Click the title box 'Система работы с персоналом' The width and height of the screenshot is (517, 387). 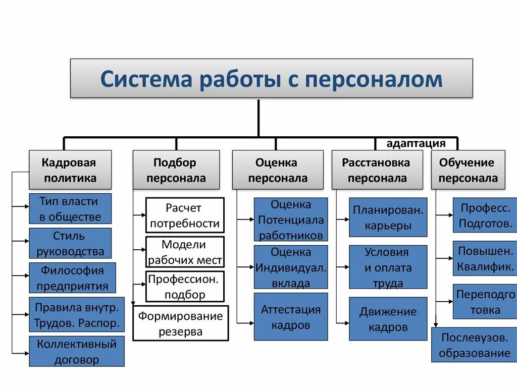271,78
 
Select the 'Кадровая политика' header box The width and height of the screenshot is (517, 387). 69,170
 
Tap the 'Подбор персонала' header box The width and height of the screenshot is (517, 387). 176,170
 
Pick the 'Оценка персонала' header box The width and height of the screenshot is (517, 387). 277,170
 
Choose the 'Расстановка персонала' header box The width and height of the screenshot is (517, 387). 377,170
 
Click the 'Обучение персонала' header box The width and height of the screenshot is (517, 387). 468,170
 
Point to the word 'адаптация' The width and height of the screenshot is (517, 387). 416,143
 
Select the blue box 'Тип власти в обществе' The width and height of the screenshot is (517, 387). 70,209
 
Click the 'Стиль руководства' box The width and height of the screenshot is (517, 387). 70,243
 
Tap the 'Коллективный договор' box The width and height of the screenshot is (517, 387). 76,351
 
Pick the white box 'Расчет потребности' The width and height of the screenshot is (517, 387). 185,215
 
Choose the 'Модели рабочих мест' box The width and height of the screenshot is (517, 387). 185,252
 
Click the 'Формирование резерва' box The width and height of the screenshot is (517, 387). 180,323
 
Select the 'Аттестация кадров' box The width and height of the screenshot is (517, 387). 290,316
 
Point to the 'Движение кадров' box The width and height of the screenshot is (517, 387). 388,319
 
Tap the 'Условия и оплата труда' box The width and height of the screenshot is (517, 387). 388,267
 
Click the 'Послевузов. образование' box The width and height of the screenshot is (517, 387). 474,345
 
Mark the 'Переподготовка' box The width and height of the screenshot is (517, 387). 485,302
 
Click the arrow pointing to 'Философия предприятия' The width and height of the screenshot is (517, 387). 21,276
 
